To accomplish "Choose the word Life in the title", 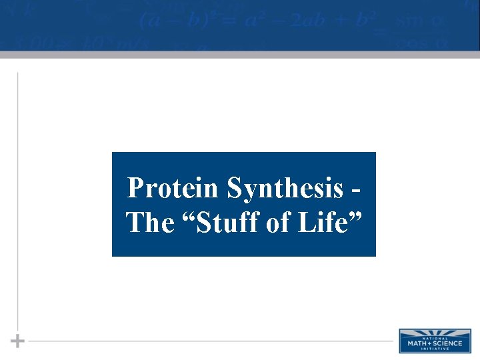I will click(325, 223).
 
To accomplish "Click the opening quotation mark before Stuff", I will click(188, 215).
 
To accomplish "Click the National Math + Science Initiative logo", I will click(434, 340).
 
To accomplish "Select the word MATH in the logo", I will click(417, 343).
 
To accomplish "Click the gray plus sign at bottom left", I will click(18, 341).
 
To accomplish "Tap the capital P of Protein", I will click(135, 188).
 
